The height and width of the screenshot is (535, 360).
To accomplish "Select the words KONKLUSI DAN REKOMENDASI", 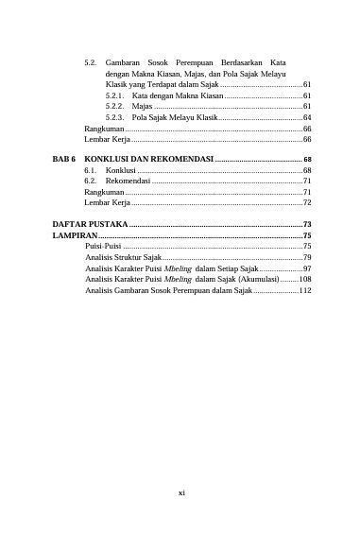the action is tap(148, 158).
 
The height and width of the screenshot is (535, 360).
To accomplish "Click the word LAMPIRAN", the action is tap(73, 234).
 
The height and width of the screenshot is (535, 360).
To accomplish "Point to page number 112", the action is tap(304, 291).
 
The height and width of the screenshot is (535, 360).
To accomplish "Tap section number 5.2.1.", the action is tap(115, 95).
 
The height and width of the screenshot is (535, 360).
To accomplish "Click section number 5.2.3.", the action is tap(115, 117).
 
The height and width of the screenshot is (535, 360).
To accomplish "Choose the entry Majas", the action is tap(143, 107).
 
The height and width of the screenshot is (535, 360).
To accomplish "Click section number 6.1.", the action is tap(91, 169).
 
